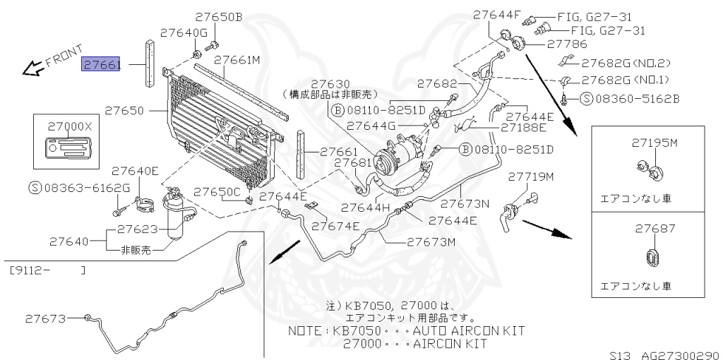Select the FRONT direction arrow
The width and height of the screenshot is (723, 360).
32,68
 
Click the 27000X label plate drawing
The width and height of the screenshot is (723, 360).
69,151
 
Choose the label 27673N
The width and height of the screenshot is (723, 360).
465,205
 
